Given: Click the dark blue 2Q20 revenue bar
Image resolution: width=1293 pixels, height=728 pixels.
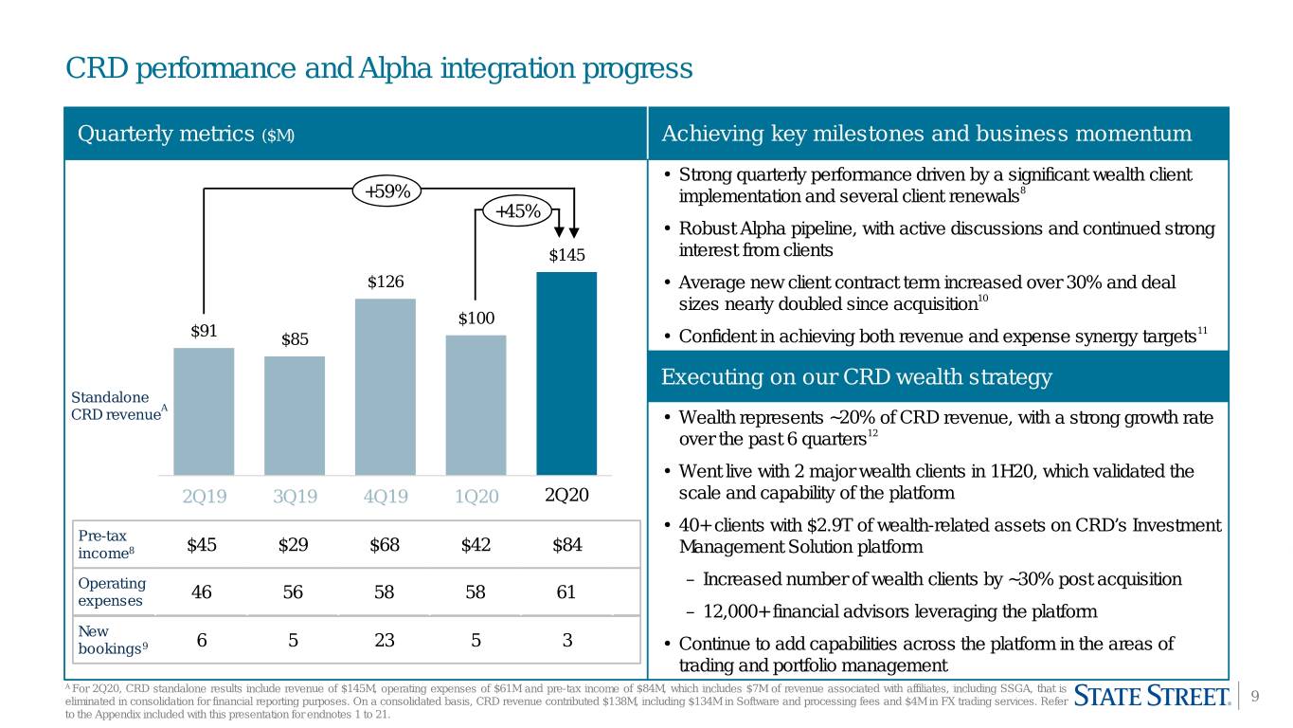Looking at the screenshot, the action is pos(566,373).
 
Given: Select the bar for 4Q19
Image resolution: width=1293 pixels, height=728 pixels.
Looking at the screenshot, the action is pos(385,387).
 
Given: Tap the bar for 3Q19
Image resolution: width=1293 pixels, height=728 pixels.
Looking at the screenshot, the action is pos(295,415).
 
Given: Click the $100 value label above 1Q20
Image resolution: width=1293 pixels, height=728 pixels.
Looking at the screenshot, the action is pos(476,318).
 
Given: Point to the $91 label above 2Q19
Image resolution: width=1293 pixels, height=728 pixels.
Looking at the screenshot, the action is pos(204,331).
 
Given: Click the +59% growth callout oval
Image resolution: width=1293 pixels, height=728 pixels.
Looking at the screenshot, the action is pos(386,191).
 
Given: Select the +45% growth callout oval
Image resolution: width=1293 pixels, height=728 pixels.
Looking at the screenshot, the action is pos(517,210).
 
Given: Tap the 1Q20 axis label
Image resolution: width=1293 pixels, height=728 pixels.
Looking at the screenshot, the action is pos(476,496).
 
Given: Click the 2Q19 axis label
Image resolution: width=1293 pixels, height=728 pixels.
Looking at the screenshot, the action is pos(205,496).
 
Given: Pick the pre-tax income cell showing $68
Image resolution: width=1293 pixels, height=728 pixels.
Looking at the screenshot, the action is pos(385,544).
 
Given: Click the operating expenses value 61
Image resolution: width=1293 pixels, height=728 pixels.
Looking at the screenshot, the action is pos(566,591).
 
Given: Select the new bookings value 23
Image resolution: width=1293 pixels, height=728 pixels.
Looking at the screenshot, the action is pos(385,640).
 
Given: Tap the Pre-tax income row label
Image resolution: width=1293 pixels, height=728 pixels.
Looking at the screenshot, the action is pos(106,544).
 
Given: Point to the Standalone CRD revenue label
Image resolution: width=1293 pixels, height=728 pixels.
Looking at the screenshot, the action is pos(119,406).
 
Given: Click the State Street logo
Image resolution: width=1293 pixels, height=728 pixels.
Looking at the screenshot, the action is pos(1152,696).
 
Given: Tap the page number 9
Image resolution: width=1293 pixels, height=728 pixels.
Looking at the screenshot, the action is pos(1254,696).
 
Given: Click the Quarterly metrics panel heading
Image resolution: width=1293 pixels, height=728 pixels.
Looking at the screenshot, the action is pos(186,134).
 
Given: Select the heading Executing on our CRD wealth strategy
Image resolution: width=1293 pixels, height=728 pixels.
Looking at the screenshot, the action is pos(856,376).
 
